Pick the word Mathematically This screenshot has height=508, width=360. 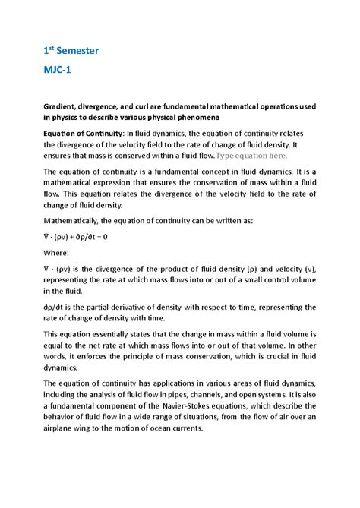[x=75, y=221]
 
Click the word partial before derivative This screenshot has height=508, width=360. [x=107, y=308]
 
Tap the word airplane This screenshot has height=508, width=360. [x=62, y=428]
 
